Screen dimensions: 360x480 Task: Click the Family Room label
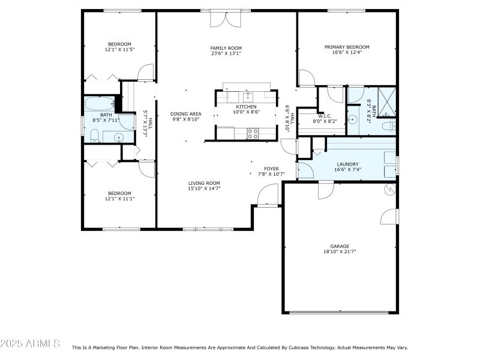[226, 48]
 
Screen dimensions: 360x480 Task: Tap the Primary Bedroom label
[347, 47]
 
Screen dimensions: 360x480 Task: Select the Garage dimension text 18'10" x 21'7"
[339, 252]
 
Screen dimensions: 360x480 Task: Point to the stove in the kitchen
[253, 133]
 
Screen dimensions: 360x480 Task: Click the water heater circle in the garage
[389, 190]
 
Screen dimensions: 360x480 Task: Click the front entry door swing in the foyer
[269, 194]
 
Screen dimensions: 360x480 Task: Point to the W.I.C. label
[325, 116]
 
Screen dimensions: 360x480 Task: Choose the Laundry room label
[347, 164]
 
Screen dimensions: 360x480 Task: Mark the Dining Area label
[185, 113]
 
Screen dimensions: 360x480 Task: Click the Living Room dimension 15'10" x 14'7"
[204, 189]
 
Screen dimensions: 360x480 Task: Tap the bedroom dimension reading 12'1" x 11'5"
[119, 50]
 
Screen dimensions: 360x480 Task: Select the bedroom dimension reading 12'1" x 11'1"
[119, 199]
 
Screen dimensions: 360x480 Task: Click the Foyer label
[272, 169]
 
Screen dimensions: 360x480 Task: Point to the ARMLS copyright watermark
[30, 344]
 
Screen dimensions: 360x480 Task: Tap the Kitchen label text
[246, 106]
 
